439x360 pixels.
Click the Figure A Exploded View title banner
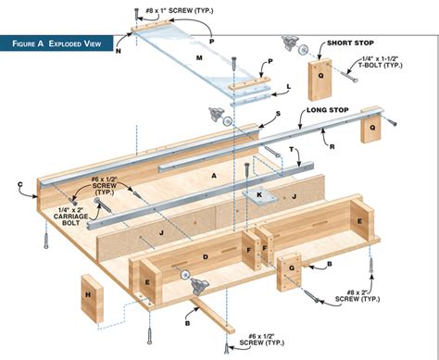point(56,43)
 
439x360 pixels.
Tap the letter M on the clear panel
point(199,57)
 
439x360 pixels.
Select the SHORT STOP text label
point(350,43)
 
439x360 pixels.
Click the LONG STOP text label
point(328,110)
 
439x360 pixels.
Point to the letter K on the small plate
point(259,194)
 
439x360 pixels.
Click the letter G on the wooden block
point(292,268)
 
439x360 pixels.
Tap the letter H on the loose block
point(88,295)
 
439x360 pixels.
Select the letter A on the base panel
point(214,176)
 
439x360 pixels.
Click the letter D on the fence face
point(206,256)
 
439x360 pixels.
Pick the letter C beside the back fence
point(20,184)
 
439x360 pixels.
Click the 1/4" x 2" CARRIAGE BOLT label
point(70,216)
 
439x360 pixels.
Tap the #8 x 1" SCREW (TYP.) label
point(180,11)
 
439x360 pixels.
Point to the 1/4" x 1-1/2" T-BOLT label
point(382,62)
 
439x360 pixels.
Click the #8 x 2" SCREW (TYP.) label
point(357,295)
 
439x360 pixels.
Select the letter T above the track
point(292,149)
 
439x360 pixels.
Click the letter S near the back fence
point(278,114)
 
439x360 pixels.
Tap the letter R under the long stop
point(332,147)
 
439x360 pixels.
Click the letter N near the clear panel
point(119,51)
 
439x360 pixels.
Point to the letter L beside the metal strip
point(289,87)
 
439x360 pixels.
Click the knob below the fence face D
point(197,286)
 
